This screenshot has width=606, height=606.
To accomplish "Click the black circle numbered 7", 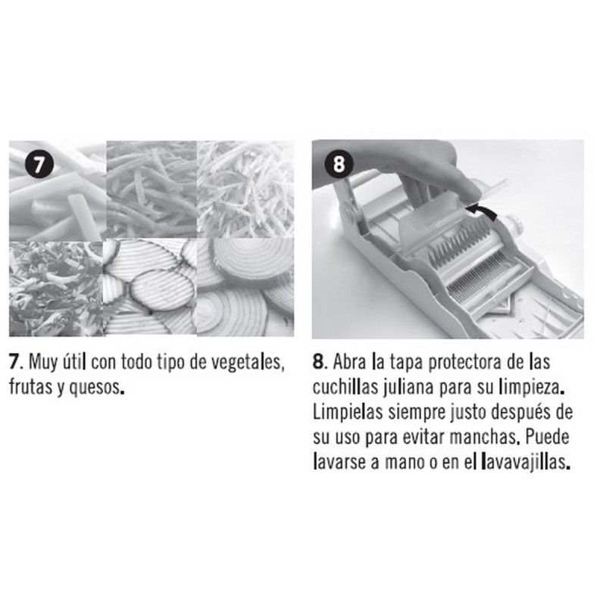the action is (x=39, y=164).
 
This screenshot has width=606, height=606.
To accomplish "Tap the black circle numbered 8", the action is (x=339, y=164).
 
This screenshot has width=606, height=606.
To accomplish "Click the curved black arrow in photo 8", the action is (x=481, y=212).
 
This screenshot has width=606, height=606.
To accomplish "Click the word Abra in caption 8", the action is (x=349, y=362).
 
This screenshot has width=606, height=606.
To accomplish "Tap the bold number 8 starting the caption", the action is (x=318, y=363).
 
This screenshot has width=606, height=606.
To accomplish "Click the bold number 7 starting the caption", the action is (x=14, y=363).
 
